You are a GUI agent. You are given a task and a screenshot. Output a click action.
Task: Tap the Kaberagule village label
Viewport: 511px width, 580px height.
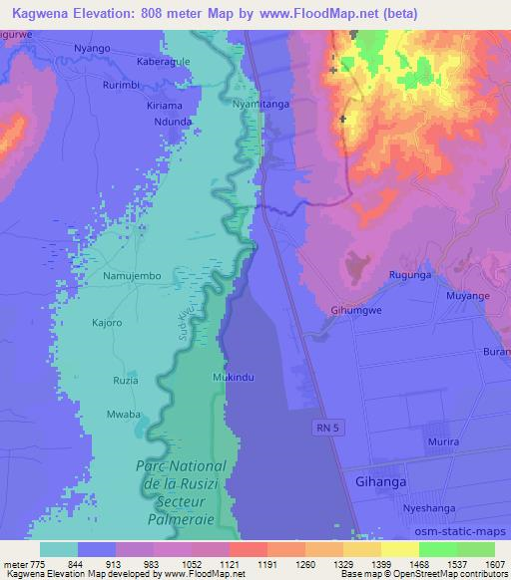point(162,61)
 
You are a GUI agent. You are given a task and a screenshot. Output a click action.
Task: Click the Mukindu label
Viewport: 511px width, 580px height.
point(233,378)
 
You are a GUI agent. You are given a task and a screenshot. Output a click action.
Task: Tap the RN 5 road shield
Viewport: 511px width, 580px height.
point(317,426)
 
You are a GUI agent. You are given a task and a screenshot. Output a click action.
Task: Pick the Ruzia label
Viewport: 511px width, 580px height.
point(126,381)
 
